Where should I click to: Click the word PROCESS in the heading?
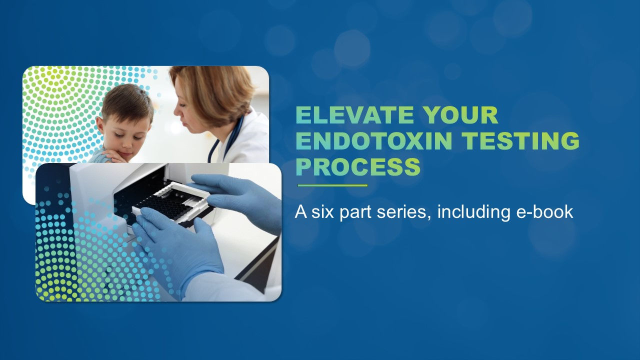(357, 167)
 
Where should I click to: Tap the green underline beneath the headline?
(332, 185)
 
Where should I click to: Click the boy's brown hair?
(127, 100)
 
